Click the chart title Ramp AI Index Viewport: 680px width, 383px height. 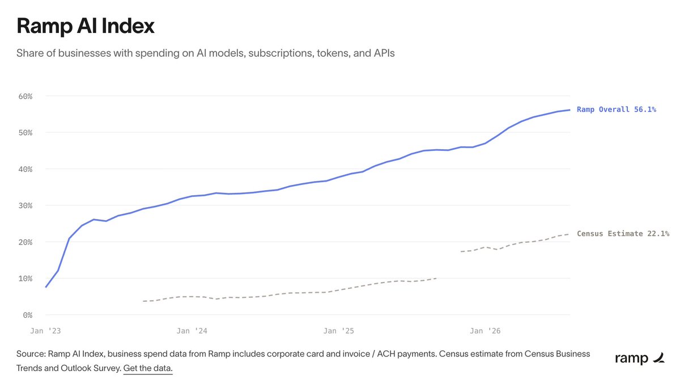coord(86,26)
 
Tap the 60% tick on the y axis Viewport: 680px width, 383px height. coord(25,96)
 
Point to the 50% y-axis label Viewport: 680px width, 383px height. coord(25,133)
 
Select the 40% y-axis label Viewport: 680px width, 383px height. coord(25,169)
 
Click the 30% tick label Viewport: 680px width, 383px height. coord(25,206)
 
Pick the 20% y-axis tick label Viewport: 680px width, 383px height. coord(25,242)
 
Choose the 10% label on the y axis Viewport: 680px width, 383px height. coord(25,279)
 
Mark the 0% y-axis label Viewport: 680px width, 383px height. coord(27,315)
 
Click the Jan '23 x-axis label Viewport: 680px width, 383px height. coord(45,331)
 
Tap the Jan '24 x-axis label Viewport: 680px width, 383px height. coord(192,331)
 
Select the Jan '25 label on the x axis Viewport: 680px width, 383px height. coord(338,331)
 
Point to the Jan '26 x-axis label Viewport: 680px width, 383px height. coord(485,331)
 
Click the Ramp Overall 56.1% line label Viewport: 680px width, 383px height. coord(617,110)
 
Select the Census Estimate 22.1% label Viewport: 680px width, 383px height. coord(623,233)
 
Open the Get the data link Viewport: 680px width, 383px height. coord(148,368)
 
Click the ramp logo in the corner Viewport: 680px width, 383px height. coord(640,358)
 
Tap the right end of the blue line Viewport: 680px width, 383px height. coord(569,110)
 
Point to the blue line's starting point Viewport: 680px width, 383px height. coord(45,287)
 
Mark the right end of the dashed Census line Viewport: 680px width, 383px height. coord(569,234)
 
